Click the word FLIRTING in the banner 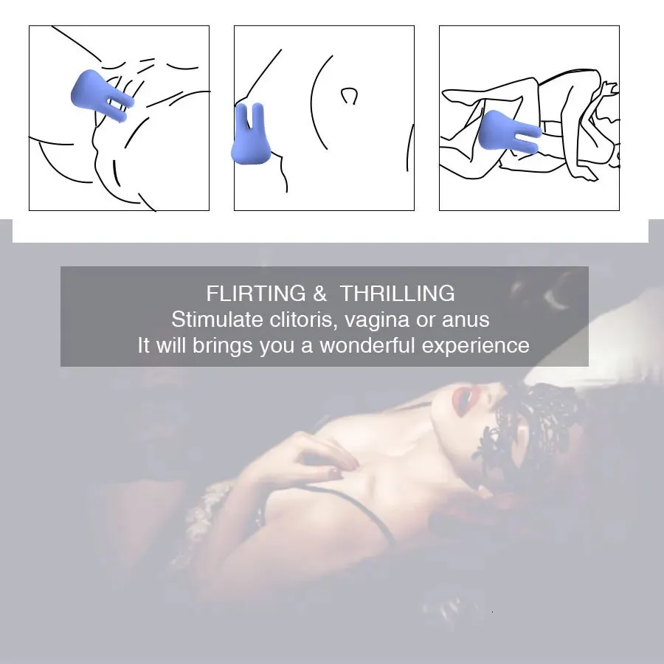[x=256, y=294]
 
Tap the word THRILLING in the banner [x=397, y=294]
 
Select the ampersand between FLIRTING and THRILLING [x=320, y=294]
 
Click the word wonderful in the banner [x=367, y=345]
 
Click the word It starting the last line [x=144, y=345]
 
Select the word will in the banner [x=171, y=345]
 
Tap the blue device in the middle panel [x=250, y=134]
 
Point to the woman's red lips [x=463, y=400]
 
